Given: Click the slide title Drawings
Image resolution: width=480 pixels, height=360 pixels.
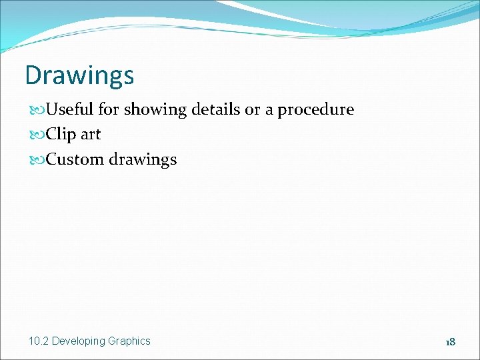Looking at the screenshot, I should coord(79,75).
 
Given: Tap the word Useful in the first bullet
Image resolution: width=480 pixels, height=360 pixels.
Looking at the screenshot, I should coord(71,109).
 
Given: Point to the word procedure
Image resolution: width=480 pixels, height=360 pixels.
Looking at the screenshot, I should coord(315,110).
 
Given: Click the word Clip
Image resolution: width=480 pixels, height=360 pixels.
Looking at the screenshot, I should coord(62,135).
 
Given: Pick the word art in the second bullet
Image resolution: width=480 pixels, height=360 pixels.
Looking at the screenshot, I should coord(91,135).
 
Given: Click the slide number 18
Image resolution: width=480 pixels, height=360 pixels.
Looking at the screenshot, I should coord(451,342).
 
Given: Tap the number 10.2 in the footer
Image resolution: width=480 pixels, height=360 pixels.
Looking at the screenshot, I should coord(39,341).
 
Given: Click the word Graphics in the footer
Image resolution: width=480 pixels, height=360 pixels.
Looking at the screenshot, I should coord(129,341).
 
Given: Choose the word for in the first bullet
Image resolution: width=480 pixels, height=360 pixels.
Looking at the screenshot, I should coord(111,109).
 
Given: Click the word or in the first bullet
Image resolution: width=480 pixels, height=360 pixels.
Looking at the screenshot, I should coord(252,110).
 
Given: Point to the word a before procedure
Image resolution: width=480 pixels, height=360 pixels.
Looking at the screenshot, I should coord(269,111).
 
